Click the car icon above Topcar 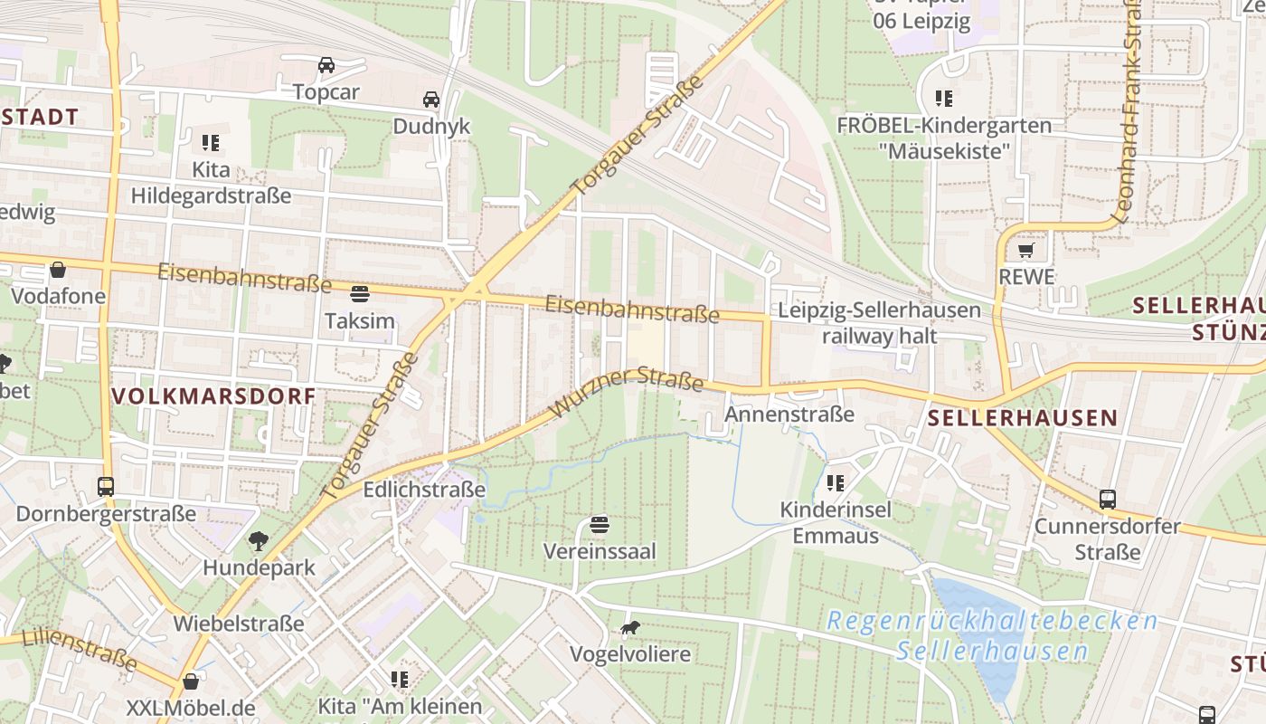point(326,65)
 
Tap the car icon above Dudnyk point(431,99)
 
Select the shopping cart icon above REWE point(1025,250)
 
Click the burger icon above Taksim point(359,293)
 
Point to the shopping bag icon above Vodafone point(58,270)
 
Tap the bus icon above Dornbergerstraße point(106,487)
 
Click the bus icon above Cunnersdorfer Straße point(1107,499)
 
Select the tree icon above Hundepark point(259,541)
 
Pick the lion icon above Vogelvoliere point(630,627)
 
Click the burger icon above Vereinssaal point(599,524)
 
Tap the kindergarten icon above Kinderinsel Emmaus point(836,483)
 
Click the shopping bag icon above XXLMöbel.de point(191,681)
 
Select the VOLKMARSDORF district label point(213,396)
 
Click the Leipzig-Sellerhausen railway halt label point(879,323)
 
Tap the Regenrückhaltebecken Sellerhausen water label point(993,636)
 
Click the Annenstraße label point(789,414)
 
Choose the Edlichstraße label point(424,491)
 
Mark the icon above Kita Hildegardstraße point(211,142)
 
